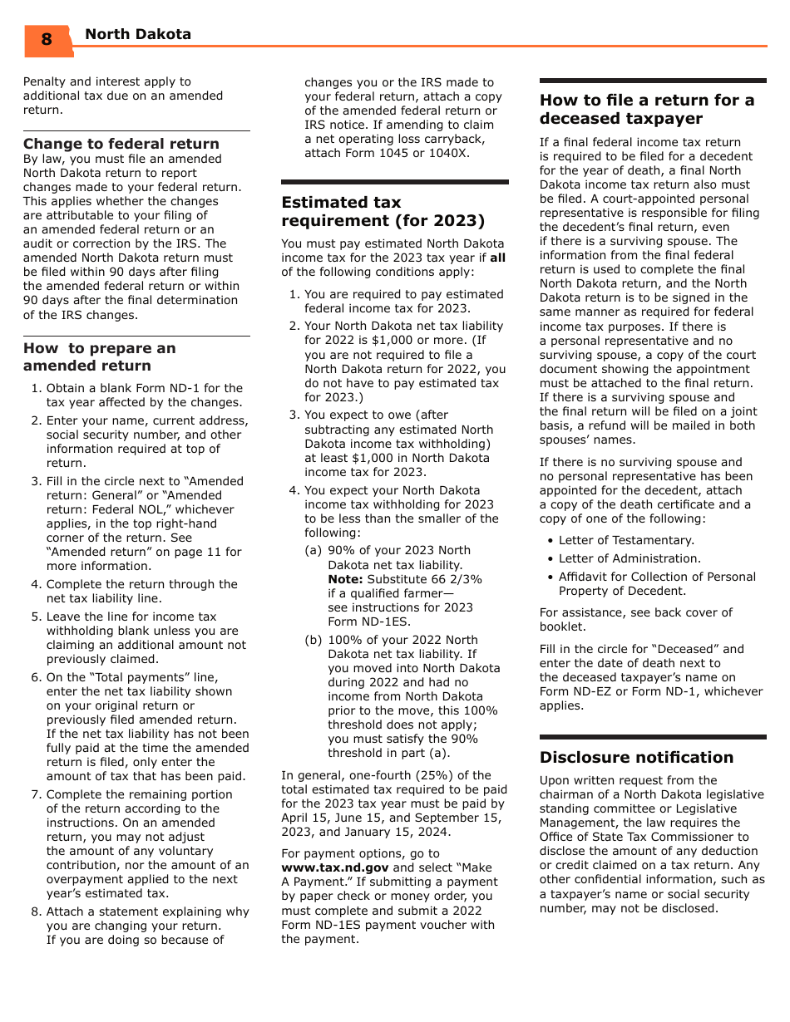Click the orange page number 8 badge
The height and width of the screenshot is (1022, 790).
coord(47,39)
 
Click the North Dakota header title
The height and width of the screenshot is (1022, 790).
coord(138,34)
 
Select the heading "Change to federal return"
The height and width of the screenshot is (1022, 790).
coord(121,144)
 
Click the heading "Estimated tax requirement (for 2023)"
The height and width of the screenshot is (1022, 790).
coord(383,211)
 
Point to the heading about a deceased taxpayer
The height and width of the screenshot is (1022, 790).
coord(647,109)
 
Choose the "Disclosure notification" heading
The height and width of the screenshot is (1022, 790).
coord(636,757)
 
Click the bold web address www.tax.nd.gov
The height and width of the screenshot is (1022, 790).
coord(335,867)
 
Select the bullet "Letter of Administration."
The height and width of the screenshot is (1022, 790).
coord(630,558)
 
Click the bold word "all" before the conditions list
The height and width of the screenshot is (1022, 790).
coord(497,258)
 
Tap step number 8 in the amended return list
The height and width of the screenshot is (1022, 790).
coord(36,911)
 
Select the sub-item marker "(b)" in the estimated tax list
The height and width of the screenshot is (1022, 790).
coord(314,640)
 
